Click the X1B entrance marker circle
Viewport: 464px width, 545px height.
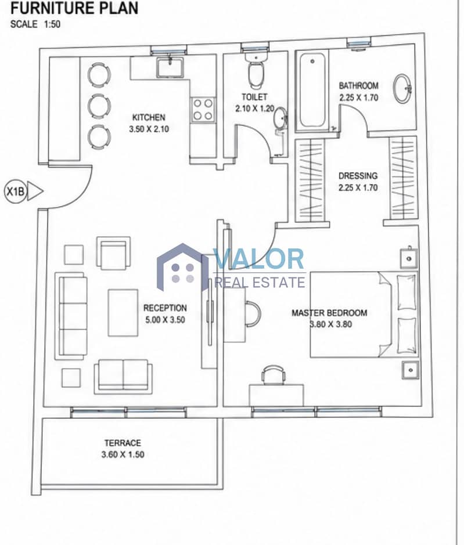[x=15, y=192]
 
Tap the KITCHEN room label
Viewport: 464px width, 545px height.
[x=149, y=117]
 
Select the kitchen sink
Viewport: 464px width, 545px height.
[x=170, y=67]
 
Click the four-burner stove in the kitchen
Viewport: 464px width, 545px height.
[x=203, y=109]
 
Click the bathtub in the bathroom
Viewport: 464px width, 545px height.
[x=312, y=92]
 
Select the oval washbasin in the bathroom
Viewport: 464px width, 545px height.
[x=402, y=88]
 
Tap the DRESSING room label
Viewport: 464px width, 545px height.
[x=358, y=175]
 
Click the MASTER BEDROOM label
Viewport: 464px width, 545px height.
[x=329, y=313]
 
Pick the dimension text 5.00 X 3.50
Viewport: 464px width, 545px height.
[x=165, y=319]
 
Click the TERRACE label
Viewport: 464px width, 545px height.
[x=123, y=443]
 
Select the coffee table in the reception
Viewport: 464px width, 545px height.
[x=123, y=313]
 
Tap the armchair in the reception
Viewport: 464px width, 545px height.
[x=114, y=253]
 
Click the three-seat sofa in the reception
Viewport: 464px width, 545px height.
[x=71, y=316]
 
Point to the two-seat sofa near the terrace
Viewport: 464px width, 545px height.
[x=123, y=377]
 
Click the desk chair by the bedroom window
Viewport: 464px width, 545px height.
[x=274, y=375]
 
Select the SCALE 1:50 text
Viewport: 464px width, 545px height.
[x=35, y=24]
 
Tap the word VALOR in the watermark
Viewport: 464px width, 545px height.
[x=259, y=259]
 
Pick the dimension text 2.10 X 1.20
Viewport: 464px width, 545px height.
[x=255, y=109]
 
